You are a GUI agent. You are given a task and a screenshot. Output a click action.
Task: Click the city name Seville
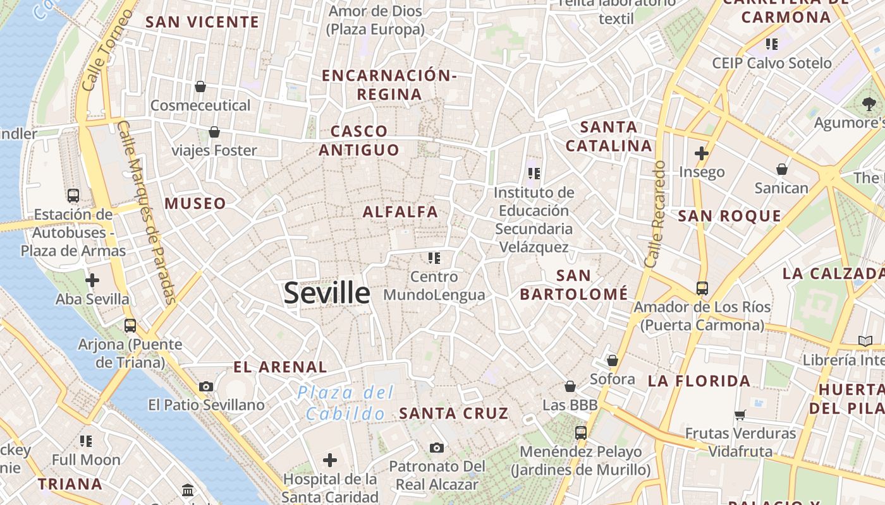[x=326, y=294]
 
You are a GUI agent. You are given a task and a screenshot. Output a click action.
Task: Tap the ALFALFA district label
[x=400, y=212]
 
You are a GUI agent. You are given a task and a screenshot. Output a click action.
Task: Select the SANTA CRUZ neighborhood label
[x=453, y=413]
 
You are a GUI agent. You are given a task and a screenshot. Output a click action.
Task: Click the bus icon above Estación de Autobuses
[x=73, y=196]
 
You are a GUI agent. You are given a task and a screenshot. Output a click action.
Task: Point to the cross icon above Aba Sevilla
[x=92, y=280]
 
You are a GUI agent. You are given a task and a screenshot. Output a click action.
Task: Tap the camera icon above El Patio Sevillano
[x=206, y=386]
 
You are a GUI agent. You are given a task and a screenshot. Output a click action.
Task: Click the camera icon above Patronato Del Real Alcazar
[x=436, y=448]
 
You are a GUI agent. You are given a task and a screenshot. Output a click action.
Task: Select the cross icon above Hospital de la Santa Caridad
[x=330, y=460]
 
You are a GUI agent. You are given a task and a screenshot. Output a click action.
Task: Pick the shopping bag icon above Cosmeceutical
[x=200, y=86]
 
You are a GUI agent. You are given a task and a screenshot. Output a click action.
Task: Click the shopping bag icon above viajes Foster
[x=214, y=132]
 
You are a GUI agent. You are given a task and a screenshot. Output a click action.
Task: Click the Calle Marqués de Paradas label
[x=147, y=212]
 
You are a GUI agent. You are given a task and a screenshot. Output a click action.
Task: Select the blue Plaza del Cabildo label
[x=345, y=403]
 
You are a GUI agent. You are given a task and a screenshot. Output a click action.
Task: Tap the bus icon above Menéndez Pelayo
[x=580, y=433]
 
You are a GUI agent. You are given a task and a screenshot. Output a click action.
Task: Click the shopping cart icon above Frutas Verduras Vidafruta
[x=740, y=415]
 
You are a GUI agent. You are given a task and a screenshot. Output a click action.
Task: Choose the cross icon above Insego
[x=701, y=153]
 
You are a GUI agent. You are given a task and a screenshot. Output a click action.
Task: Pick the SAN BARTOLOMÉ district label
[x=573, y=285]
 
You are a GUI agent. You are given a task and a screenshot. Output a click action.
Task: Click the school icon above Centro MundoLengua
[x=434, y=258]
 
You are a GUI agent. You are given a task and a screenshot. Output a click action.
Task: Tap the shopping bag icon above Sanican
[x=782, y=169]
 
